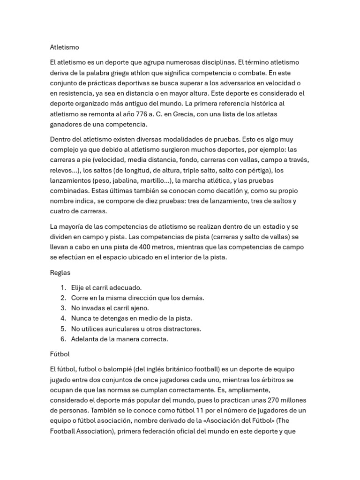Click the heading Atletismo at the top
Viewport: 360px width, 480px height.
point(65,47)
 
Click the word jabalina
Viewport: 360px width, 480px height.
point(126,180)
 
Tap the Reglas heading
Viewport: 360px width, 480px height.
point(60,272)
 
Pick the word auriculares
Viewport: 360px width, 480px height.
point(120,329)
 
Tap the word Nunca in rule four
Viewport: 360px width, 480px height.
point(81,318)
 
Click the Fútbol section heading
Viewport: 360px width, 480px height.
point(60,354)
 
